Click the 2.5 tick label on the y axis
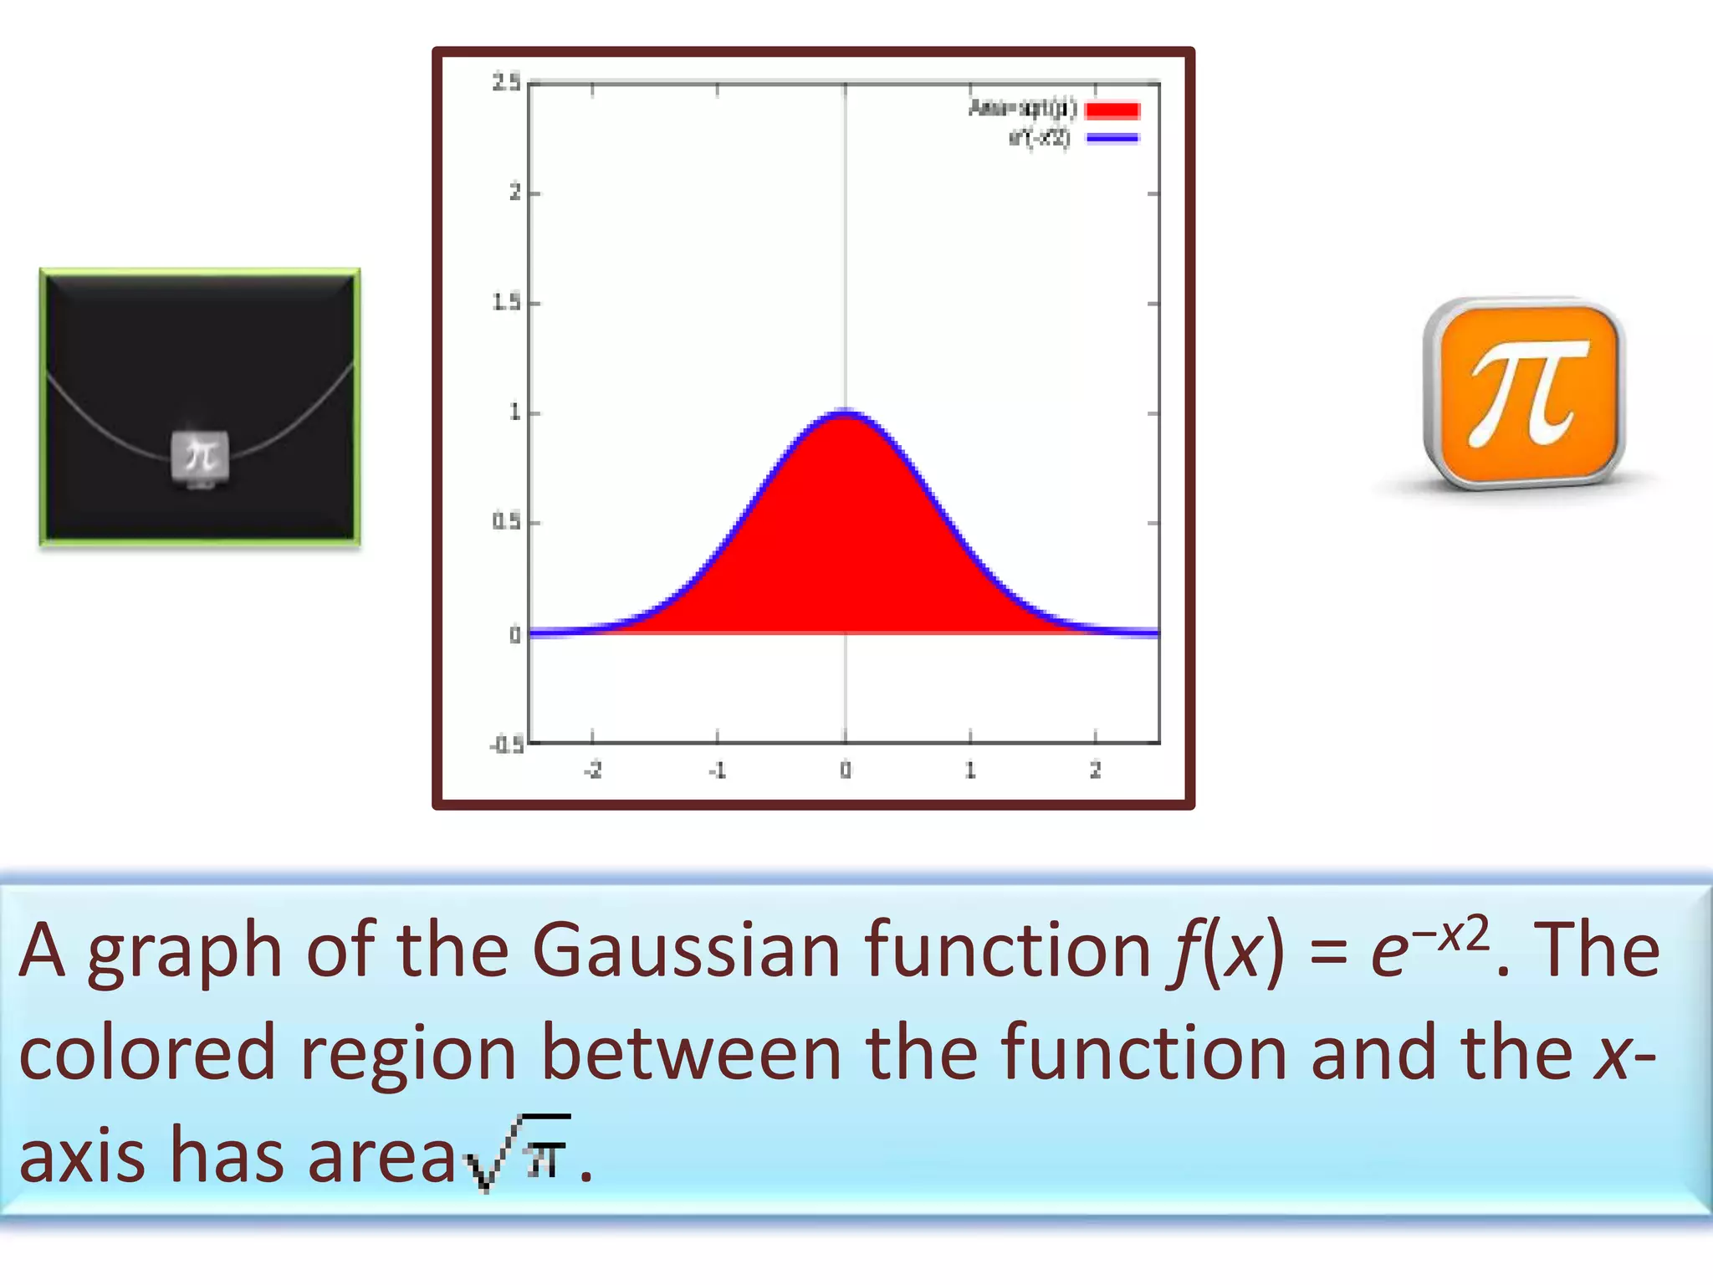click(505, 82)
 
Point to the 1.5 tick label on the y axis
click(505, 302)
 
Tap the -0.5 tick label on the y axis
click(507, 745)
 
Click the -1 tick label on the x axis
click(717, 770)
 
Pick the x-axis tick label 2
click(1095, 770)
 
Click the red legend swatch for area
click(1112, 110)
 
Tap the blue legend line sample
click(1112, 138)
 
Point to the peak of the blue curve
click(845, 412)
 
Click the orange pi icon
click(1524, 393)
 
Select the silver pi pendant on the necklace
click(200, 457)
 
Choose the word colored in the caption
click(147, 1052)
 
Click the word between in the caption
click(691, 1052)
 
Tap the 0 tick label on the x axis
click(845, 770)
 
